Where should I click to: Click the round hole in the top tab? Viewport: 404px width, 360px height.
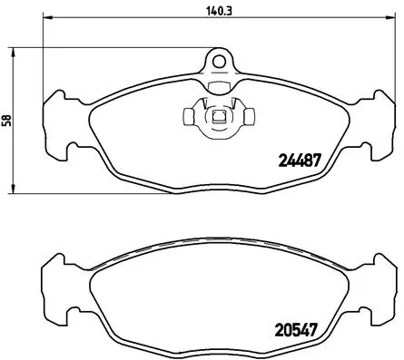point(218,61)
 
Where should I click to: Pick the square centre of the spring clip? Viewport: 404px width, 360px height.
point(218,117)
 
